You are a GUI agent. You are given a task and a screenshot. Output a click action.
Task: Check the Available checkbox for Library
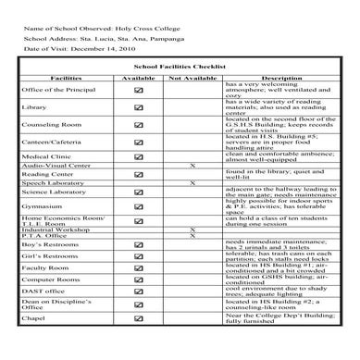139,108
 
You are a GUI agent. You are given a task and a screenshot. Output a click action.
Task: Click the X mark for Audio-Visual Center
192,165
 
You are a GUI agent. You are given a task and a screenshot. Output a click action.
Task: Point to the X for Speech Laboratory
192,183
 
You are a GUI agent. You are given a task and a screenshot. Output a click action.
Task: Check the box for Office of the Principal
139,90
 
